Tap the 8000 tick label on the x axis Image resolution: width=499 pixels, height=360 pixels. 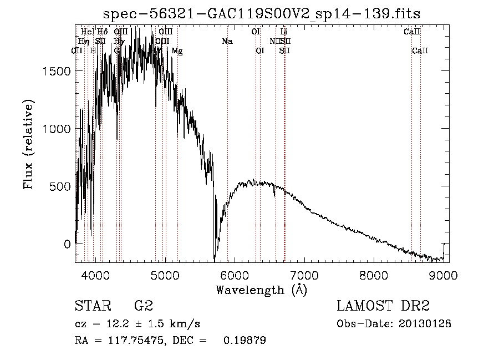click(374, 276)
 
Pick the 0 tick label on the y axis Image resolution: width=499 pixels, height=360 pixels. click(66, 244)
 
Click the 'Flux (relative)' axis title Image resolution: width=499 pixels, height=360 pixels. click(29, 144)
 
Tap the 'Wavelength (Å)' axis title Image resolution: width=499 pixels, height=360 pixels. click(261, 290)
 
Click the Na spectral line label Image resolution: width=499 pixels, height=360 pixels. click(227, 42)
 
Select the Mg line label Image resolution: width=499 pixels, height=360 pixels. click(177, 51)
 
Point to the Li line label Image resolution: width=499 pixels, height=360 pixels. click(284, 32)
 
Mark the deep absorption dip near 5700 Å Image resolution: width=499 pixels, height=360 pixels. click(215, 256)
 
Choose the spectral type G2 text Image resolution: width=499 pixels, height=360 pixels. click(144, 306)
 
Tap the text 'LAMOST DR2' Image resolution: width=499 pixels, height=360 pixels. click(383, 306)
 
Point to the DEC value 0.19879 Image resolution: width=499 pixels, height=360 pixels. click(245, 340)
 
